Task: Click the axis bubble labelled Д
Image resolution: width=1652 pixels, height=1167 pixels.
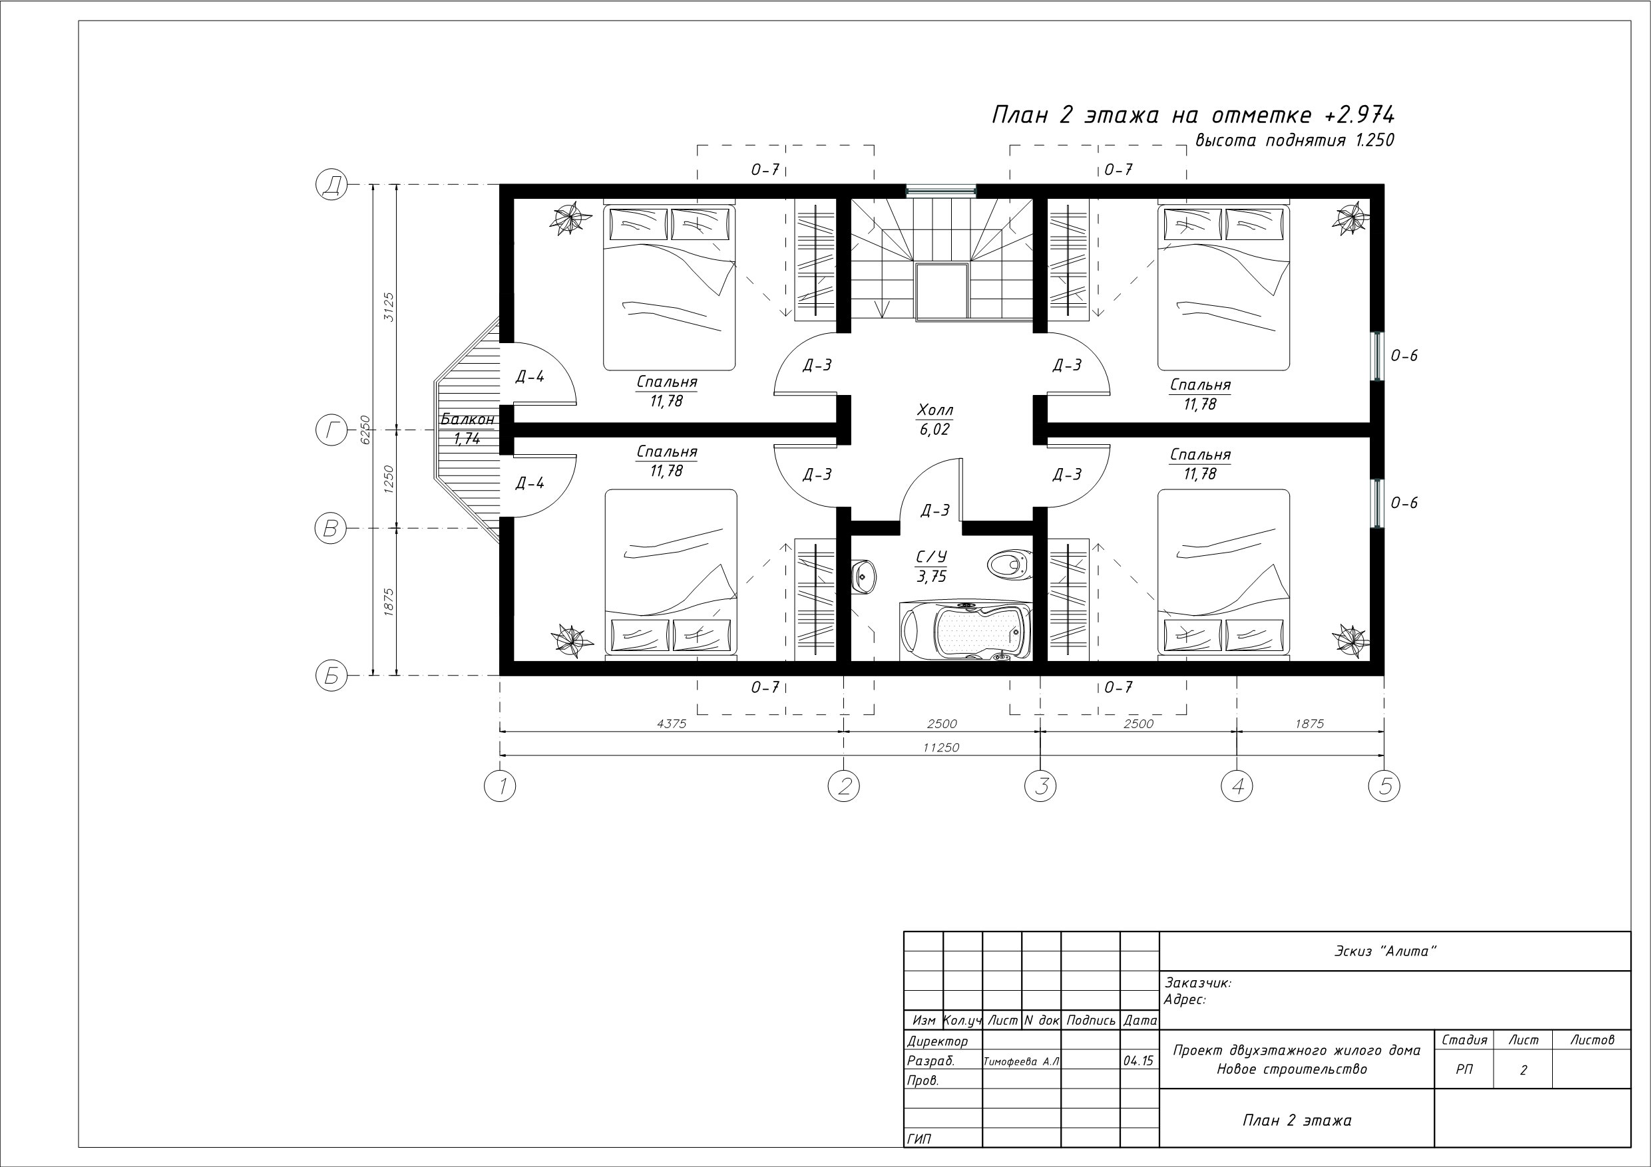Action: tap(331, 186)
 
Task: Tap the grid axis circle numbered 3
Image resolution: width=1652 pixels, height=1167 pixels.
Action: tap(1040, 786)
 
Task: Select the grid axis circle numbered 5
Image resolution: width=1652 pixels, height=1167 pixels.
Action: tap(1384, 786)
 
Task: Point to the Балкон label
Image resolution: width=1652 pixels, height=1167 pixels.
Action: tap(468, 419)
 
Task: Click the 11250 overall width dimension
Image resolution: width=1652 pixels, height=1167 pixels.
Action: tap(940, 748)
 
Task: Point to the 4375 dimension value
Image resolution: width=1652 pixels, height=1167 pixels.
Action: tap(672, 724)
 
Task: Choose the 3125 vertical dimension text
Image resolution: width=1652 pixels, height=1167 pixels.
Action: tap(388, 307)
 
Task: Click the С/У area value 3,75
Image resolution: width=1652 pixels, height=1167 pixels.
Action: tap(932, 577)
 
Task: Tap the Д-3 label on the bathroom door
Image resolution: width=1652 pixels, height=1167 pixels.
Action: tap(935, 511)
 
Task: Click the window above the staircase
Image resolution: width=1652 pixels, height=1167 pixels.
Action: tap(941, 191)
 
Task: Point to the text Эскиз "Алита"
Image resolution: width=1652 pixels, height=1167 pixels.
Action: tap(1385, 952)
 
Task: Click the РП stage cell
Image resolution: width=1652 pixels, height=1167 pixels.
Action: tap(1464, 1070)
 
